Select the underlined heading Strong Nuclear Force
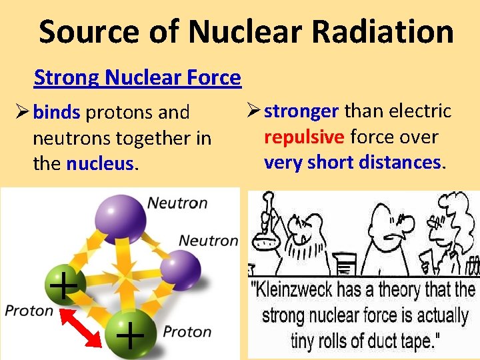click(137, 78)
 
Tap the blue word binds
click(57, 113)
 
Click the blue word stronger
click(301, 111)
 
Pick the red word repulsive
click(304, 137)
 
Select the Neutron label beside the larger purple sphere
click(177, 203)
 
